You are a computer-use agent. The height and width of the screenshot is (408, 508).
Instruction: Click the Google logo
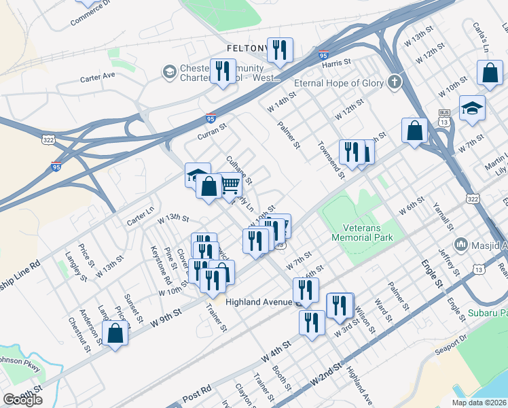point(22,400)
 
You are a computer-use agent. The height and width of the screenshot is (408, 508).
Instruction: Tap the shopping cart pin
point(231,185)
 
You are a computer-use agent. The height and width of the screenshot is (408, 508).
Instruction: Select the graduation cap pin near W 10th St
point(472,107)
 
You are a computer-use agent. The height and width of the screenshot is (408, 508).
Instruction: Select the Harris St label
point(336,62)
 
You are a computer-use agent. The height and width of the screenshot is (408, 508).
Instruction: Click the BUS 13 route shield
point(445,116)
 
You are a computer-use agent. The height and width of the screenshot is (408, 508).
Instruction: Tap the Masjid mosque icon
point(461,243)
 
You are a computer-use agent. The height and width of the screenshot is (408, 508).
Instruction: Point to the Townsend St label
point(329,160)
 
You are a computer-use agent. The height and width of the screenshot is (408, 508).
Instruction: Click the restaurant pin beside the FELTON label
point(279,50)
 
